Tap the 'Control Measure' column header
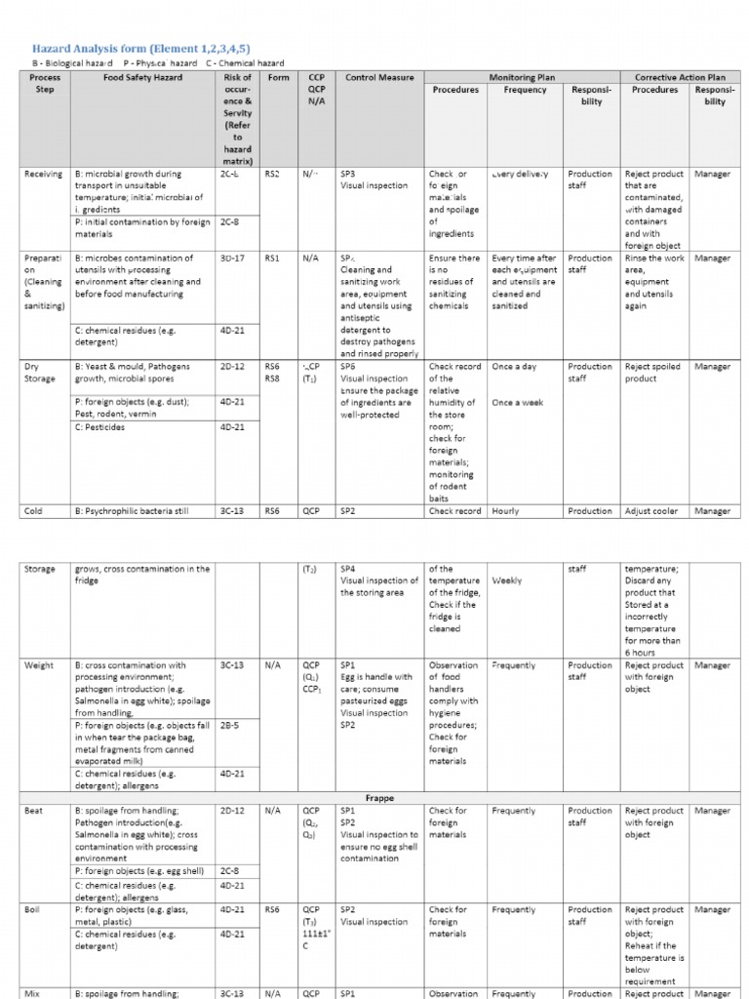pyautogui.click(x=379, y=77)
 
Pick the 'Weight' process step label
pyautogui.click(x=39, y=665)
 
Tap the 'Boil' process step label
pyautogui.click(x=32, y=909)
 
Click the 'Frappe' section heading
pyautogui.click(x=374, y=798)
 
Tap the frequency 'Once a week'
pyautogui.click(x=518, y=402)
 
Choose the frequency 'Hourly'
pyautogui.click(x=506, y=511)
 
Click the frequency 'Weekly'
pyautogui.click(x=507, y=580)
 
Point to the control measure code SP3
pyautogui.click(x=347, y=175)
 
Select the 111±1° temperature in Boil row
pyautogui.click(x=316, y=934)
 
